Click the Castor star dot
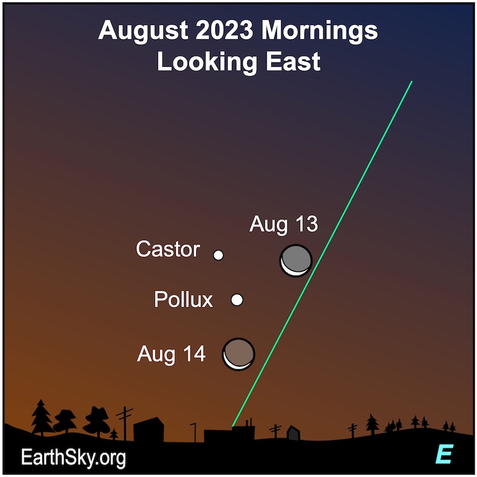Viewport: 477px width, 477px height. point(218,255)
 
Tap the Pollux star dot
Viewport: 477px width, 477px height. point(237,300)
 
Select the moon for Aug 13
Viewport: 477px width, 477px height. point(296,261)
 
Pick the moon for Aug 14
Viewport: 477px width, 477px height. point(238,354)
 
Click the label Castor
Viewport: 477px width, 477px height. point(168,249)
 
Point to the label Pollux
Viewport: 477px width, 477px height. point(184,299)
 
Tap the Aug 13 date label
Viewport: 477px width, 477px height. point(284,224)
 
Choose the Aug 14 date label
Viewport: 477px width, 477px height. point(171,354)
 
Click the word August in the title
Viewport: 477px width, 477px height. point(143,31)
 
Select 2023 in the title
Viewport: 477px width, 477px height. point(225,30)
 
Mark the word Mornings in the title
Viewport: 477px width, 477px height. point(320,32)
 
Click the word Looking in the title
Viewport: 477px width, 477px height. point(207,62)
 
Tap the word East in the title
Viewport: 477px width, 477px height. point(293,61)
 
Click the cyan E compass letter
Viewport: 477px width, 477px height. point(444,454)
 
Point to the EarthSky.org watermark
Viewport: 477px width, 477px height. point(73,457)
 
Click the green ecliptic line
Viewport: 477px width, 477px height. point(322,254)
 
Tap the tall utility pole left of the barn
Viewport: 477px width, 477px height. point(125,423)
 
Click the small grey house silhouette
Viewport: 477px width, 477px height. point(293,433)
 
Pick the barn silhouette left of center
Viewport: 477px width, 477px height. point(148,429)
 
